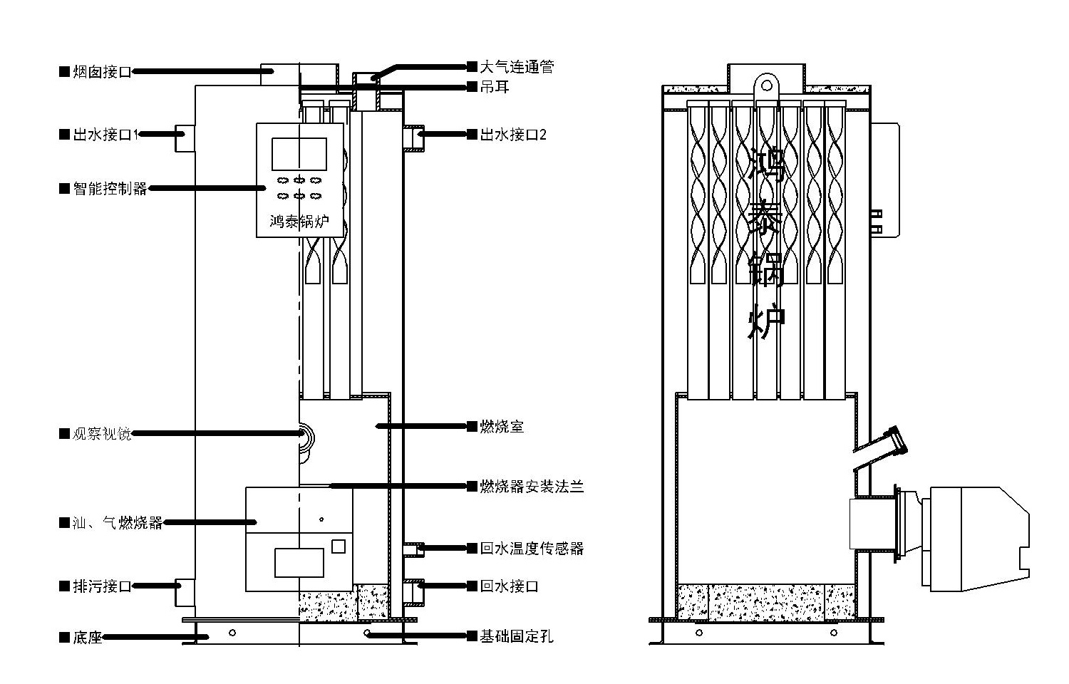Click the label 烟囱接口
pos(102,72)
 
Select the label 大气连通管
pos(516,67)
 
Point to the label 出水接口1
pos(105,134)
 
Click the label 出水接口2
pos(512,134)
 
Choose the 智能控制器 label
pos(110,189)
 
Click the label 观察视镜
pos(102,433)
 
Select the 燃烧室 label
pos(502,426)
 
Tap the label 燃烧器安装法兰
pos(532,487)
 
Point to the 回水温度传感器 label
pos(532,548)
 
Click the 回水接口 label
pos(509,586)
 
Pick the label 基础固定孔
pos(516,636)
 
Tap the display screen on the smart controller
pos(299,154)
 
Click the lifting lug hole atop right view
pos(767,85)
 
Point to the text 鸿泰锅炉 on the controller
pos(299,222)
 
